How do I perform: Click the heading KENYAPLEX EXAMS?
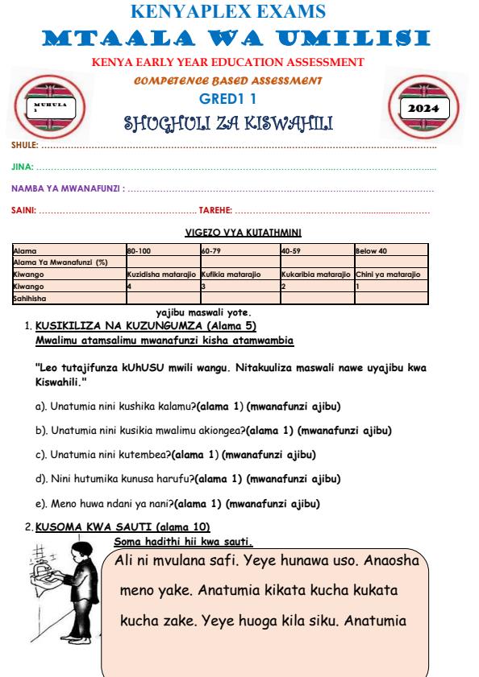pos(239,11)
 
